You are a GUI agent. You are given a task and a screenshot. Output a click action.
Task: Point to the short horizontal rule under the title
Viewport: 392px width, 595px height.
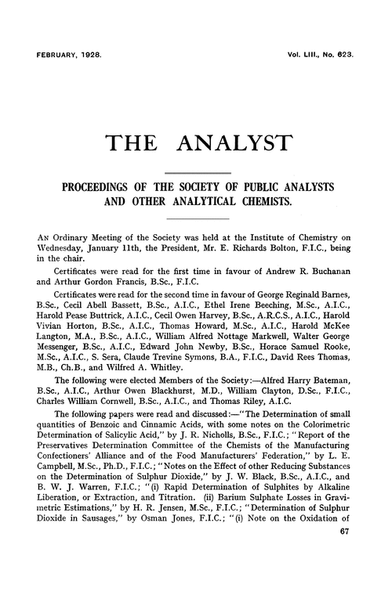196,171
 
